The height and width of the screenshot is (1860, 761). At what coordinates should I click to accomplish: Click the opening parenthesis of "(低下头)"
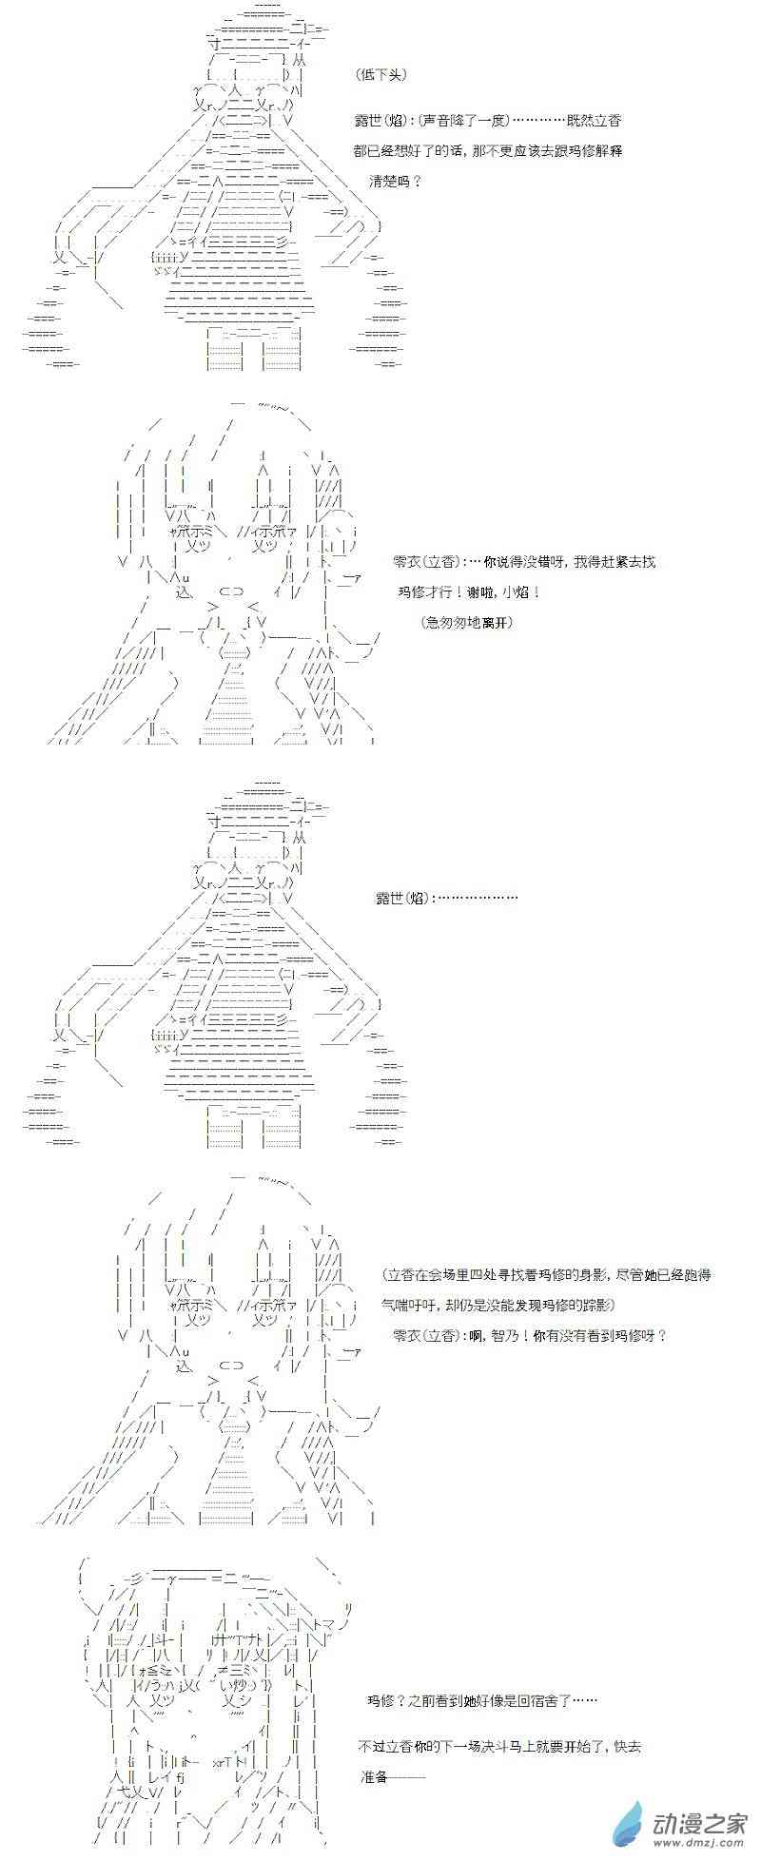click(352, 74)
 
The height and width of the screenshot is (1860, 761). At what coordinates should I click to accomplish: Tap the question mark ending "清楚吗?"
click(416, 181)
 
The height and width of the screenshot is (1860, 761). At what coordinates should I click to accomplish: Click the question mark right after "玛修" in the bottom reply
click(397, 1700)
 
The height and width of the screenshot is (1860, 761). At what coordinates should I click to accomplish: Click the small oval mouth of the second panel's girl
click(231, 589)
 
